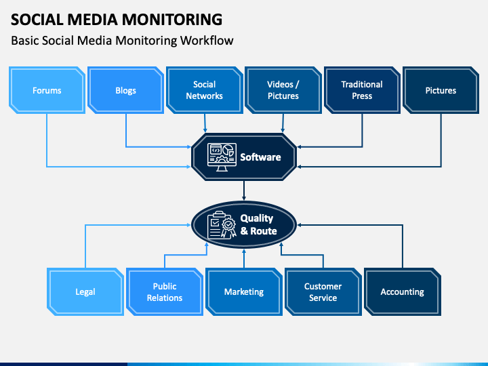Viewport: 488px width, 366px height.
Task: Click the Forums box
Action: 47,90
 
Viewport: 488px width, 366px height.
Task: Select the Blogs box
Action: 126,90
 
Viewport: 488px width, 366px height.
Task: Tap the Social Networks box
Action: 205,90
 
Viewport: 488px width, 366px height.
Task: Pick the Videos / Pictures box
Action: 283,90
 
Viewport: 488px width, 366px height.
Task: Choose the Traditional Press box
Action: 362,90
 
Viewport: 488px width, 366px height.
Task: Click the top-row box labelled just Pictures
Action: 441,90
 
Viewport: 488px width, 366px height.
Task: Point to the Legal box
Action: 85,291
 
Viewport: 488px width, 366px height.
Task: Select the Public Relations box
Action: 165,291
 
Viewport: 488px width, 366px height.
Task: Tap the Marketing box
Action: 244,291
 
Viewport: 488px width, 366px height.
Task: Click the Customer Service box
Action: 323,291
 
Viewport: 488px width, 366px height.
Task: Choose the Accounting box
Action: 403,291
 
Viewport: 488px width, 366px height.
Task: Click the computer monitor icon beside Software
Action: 222,157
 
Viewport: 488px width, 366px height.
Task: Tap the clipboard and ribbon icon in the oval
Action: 222,225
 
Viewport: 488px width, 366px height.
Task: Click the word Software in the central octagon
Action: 260,157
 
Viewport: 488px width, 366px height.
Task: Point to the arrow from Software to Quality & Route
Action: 244,190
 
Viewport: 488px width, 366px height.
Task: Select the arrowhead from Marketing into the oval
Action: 244,251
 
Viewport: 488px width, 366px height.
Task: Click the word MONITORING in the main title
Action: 171,19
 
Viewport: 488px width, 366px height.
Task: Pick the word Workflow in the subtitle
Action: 207,41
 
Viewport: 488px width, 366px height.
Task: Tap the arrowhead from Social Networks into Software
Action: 205,130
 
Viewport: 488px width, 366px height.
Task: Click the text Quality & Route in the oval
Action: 258,224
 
